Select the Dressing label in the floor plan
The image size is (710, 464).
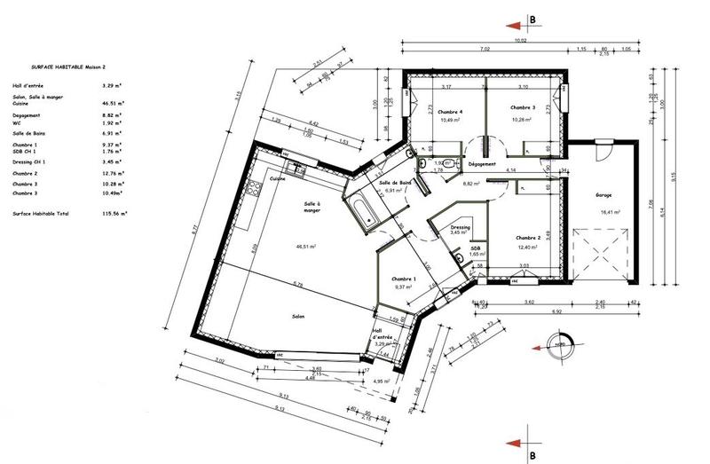point(460,226)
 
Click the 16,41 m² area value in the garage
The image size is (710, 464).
point(610,212)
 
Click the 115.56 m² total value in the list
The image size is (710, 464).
point(114,214)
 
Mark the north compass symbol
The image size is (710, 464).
point(559,345)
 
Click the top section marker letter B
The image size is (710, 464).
point(532,18)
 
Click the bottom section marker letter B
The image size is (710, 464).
point(531,456)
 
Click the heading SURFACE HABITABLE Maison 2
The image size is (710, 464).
point(67,67)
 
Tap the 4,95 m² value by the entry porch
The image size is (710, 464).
point(383,381)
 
